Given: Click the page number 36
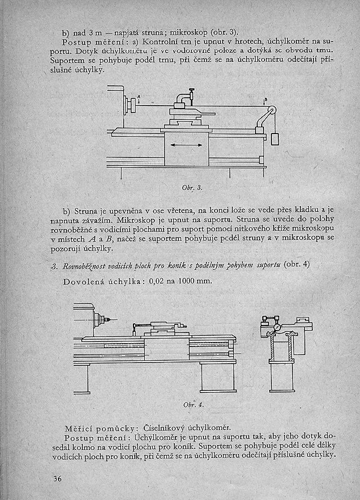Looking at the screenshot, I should [56, 478].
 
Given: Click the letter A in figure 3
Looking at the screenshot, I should [139, 97].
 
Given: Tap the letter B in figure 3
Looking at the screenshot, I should [265, 100].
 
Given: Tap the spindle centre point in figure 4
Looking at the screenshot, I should [106, 320].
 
